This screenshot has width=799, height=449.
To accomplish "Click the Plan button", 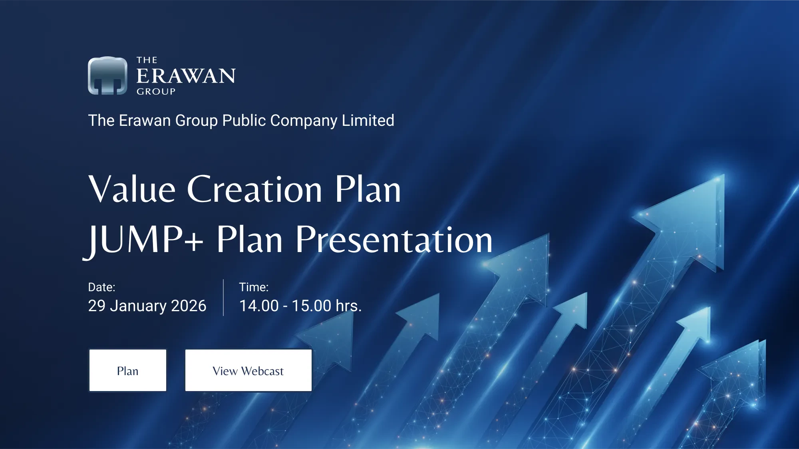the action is [128, 370].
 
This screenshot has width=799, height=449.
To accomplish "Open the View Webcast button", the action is [248, 370].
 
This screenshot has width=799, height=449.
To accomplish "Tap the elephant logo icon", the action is [107, 75].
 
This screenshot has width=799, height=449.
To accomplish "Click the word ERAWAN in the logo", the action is [186, 76].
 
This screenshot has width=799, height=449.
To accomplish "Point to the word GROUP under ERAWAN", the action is [156, 91].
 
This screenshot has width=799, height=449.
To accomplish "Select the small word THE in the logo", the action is [147, 60].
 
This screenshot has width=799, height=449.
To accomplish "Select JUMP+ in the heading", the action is [144, 240].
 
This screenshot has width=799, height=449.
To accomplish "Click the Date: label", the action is [101, 287].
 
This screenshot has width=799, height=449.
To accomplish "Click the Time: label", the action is [254, 287].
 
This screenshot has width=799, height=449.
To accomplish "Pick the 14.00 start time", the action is [259, 306].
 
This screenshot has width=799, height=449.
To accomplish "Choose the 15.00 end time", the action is [312, 306].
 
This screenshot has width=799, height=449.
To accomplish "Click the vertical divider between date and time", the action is [223, 298].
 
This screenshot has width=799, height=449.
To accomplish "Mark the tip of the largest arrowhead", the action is [724, 175].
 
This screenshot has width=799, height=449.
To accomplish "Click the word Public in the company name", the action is [244, 120].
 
